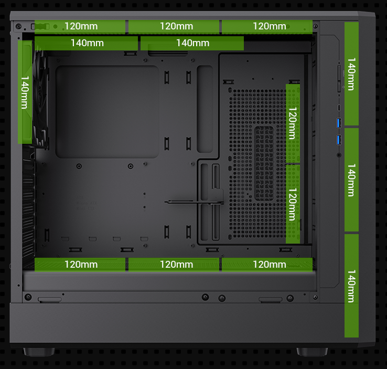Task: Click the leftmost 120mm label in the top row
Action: point(81,26)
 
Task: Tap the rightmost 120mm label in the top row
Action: point(269,26)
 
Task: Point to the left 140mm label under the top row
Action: point(87,43)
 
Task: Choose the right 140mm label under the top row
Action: point(192,43)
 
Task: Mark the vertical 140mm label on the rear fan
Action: point(25,92)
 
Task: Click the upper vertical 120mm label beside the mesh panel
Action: point(293,123)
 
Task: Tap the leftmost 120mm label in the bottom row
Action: point(81,264)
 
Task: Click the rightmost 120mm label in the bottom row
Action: point(269,264)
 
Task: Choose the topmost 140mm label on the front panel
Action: point(351,74)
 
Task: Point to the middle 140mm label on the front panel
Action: point(351,180)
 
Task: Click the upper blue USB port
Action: point(339,123)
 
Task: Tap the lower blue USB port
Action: point(339,140)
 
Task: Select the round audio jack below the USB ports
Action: point(339,155)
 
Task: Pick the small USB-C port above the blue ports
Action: point(339,108)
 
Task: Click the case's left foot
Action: point(39,351)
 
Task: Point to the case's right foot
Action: point(312,351)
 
